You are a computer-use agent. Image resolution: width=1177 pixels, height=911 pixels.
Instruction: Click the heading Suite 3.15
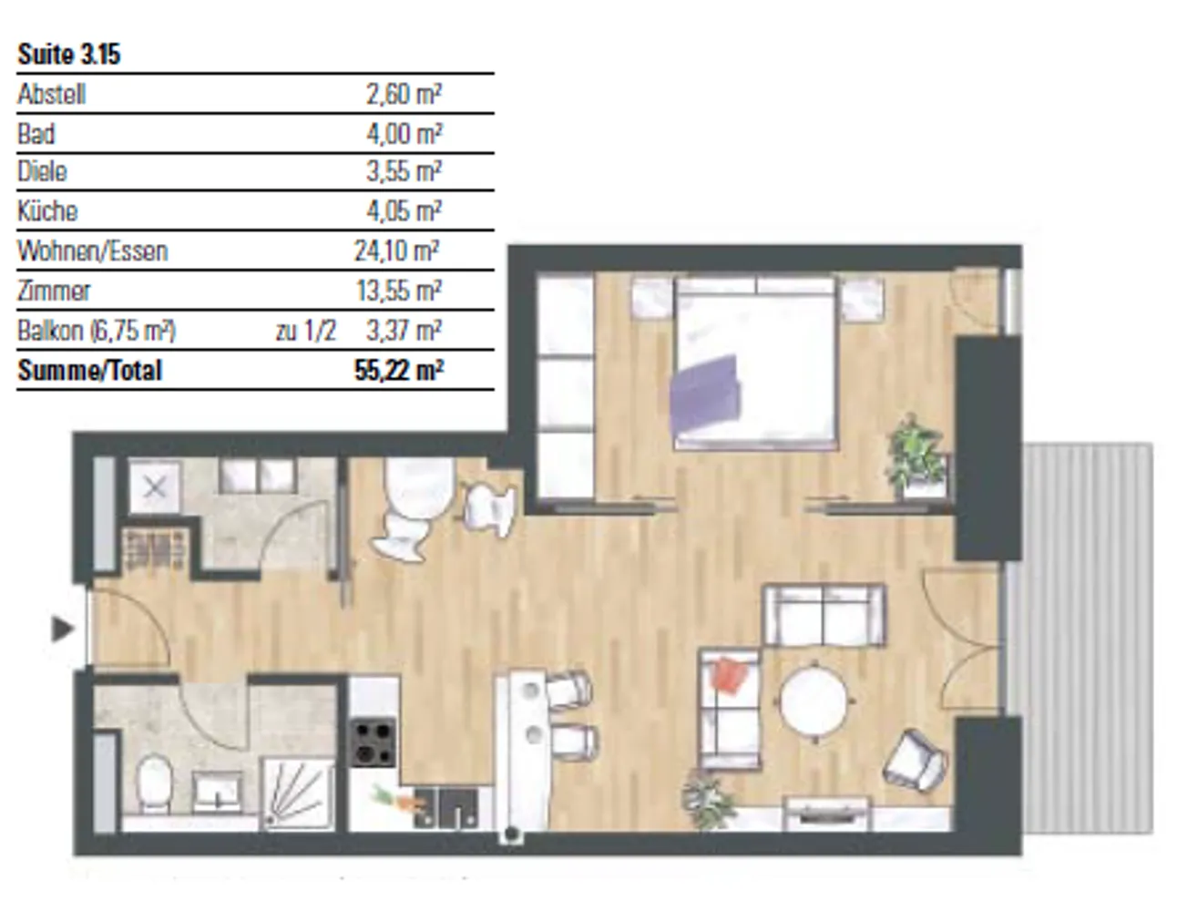pyautogui.click(x=69, y=55)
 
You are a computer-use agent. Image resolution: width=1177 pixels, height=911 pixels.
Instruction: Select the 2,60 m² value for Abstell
pyautogui.click(x=404, y=94)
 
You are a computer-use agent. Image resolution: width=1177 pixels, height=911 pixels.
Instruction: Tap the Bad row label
pyautogui.click(x=36, y=134)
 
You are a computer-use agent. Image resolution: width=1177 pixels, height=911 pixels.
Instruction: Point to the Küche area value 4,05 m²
pyautogui.click(x=404, y=210)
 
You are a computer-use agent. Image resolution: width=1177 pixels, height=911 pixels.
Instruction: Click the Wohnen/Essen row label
pyautogui.click(x=93, y=251)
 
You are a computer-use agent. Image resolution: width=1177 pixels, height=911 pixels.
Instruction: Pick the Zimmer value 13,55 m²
pyautogui.click(x=399, y=291)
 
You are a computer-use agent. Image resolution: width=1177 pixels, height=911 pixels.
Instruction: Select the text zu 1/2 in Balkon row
pyautogui.click(x=306, y=331)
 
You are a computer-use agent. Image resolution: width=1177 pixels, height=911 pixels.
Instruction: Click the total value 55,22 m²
pyautogui.click(x=399, y=371)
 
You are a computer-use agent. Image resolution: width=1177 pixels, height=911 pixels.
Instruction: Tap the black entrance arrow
pyautogui.click(x=62, y=629)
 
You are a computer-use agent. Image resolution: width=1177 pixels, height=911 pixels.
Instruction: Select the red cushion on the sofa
pyautogui.click(x=729, y=675)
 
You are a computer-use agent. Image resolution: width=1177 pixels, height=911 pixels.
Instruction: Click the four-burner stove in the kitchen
pyautogui.click(x=372, y=742)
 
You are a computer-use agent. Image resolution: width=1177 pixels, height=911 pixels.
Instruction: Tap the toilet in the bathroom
pyautogui.click(x=154, y=784)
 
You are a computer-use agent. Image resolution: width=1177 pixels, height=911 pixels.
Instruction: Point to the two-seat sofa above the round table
pyautogui.click(x=824, y=615)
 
